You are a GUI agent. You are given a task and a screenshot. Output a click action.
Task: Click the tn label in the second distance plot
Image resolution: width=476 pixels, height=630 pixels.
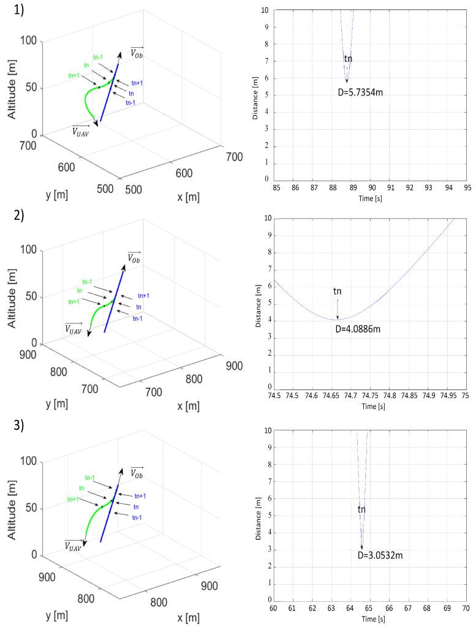tap(338, 291)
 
